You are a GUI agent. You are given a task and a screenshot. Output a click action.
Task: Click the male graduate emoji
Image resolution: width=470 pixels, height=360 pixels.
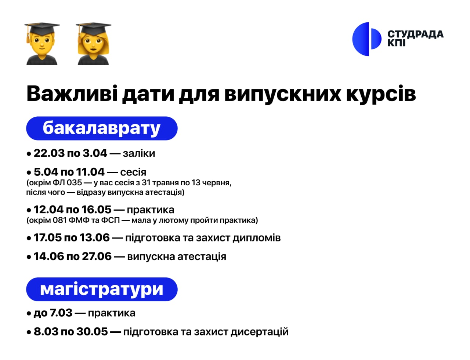(x=42, y=44)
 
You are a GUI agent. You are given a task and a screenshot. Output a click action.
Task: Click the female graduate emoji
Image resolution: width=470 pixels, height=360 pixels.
(x=93, y=44)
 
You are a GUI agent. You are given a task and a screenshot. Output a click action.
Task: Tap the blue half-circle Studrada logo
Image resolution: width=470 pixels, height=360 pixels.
(x=367, y=39)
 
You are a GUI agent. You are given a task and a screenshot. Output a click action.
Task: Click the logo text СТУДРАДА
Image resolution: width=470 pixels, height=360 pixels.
(x=415, y=34)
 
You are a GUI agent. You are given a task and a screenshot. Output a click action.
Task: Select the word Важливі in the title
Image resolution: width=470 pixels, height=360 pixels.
(x=72, y=94)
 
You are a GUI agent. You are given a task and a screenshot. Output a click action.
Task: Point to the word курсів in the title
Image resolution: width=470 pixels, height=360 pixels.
(x=381, y=95)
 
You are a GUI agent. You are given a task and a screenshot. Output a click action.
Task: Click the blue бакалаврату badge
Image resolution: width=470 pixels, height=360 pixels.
(x=102, y=128)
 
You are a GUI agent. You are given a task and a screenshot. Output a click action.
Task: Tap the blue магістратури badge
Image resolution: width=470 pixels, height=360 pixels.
(x=102, y=289)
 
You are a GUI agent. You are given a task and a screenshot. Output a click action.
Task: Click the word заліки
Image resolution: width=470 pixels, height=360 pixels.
(x=139, y=153)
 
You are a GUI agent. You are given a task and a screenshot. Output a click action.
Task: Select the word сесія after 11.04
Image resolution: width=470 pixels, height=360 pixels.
(x=133, y=172)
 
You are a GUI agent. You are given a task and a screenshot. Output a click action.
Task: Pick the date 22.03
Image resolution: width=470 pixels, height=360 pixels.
(x=49, y=153)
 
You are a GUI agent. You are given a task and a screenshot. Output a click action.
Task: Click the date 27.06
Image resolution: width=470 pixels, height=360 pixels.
(x=97, y=257)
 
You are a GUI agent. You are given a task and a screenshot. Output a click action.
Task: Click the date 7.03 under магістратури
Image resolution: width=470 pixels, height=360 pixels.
(x=61, y=313)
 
